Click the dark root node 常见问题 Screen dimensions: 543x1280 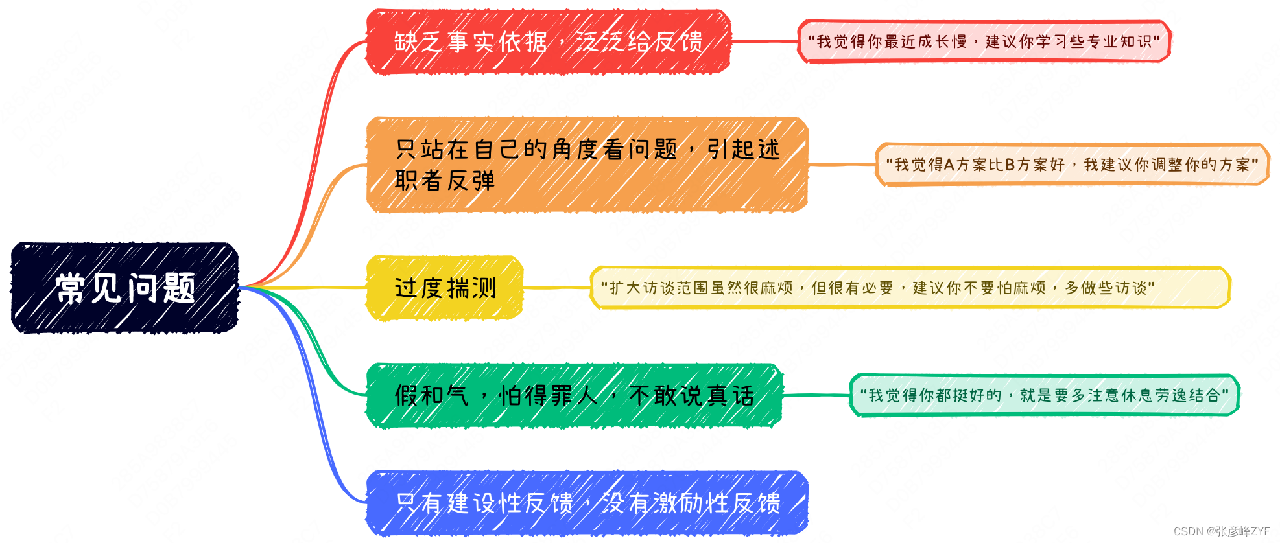coord(124,288)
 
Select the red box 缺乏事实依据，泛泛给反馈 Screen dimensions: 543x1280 coord(548,41)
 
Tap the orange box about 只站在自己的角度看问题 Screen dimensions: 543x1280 coord(587,165)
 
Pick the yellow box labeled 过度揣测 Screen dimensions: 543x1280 coord(445,288)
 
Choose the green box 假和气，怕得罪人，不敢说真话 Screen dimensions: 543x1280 coord(574,395)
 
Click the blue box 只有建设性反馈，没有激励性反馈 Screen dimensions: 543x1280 coord(587,503)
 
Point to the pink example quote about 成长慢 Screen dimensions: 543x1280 coord(984,41)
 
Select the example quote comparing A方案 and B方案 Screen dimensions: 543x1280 coord(1072,165)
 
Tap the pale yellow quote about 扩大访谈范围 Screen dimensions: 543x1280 coord(910,288)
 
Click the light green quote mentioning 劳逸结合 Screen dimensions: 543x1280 coord(1044,395)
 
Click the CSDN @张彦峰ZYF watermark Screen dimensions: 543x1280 coord(1222,531)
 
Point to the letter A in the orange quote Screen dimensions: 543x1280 coord(949,165)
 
